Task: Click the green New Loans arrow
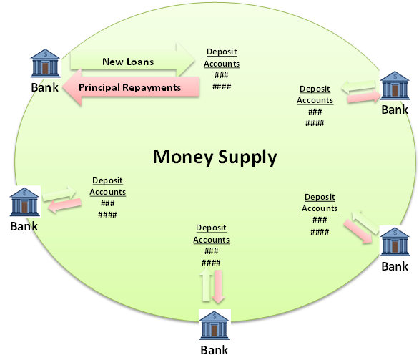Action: tap(132, 60)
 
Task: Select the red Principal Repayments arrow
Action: tap(131, 87)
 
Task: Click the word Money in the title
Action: tap(183, 157)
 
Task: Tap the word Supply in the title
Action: tap(247, 157)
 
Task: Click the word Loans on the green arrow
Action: tap(140, 62)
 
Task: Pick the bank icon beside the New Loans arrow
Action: tap(45, 63)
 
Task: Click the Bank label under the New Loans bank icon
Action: tap(44, 87)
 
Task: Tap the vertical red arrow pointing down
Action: tap(218, 286)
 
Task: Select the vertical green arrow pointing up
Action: tap(206, 285)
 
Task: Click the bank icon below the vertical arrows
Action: tap(215, 325)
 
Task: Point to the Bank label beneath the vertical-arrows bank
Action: tap(215, 350)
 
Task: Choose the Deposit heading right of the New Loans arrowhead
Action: tap(222, 52)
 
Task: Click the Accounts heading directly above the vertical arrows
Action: tap(212, 240)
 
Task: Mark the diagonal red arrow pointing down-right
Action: tap(358, 232)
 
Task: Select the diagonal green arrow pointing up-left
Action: tap(365, 222)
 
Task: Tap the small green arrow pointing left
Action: tap(358, 87)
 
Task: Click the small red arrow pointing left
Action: tap(65, 205)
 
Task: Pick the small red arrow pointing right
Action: tap(364, 97)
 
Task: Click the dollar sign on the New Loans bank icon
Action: tap(46, 54)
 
